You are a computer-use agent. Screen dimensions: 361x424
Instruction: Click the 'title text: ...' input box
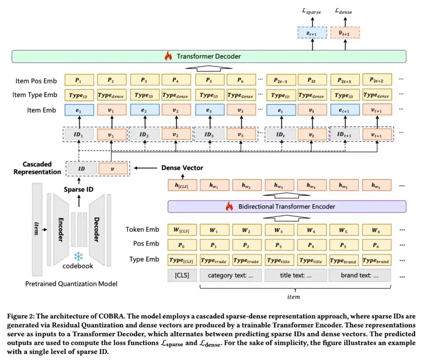296,275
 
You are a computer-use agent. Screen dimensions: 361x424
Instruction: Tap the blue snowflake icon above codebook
79,256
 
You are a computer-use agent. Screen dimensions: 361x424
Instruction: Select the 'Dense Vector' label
182,168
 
